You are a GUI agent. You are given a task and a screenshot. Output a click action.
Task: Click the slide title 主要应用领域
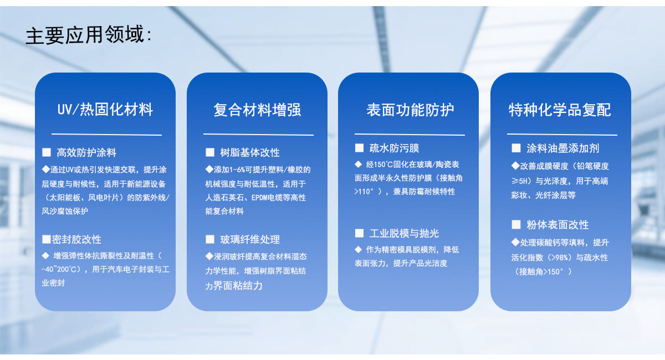click(x=85, y=35)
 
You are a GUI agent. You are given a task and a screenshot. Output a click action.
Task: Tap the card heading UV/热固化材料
click(x=105, y=110)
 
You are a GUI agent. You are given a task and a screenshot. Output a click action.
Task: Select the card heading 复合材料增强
click(x=257, y=110)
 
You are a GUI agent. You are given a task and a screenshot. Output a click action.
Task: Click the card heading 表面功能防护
click(x=410, y=110)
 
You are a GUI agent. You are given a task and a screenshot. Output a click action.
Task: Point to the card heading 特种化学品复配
click(x=560, y=110)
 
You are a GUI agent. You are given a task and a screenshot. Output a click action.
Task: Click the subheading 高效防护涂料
click(x=86, y=152)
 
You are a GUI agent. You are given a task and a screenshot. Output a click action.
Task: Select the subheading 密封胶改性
click(x=76, y=239)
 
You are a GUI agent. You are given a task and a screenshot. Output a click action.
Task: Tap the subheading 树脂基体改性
click(x=250, y=152)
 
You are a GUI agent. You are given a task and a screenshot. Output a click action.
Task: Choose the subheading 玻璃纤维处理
click(x=250, y=239)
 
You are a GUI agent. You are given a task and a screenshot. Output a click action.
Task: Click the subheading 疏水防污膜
click(x=394, y=148)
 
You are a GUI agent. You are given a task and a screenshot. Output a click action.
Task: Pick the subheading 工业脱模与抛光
click(x=404, y=234)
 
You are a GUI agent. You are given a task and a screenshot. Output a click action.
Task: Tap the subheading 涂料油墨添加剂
click(x=563, y=148)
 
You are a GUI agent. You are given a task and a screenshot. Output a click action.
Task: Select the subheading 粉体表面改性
click(x=557, y=225)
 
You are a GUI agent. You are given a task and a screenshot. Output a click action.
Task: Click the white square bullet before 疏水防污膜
click(x=359, y=148)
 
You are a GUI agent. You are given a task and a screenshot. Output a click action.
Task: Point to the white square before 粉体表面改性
click(x=516, y=224)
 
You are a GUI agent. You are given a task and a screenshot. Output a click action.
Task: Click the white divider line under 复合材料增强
click(x=258, y=135)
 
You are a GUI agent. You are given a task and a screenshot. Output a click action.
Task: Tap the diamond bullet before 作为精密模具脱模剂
click(x=359, y=250)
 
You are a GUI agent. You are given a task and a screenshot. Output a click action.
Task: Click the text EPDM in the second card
click(x=259, y=198)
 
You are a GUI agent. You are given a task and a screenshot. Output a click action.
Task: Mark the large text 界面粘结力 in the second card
click(x=238, y=286)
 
